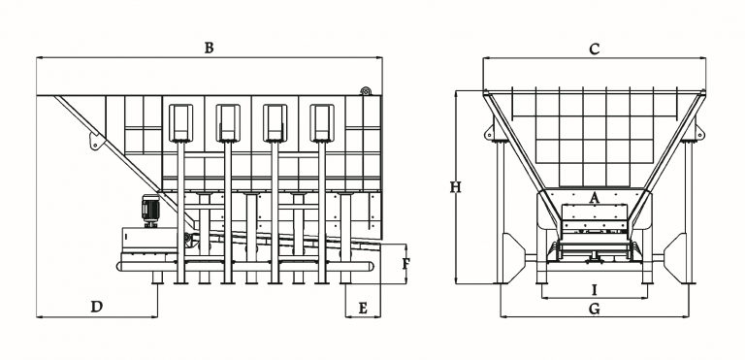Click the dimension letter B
tap(210, 48)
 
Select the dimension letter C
tap(595, 49)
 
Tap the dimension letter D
tap(97, 308)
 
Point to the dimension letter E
tap(363, 309)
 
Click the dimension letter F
tap(405, 264)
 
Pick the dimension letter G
tap(594, 310)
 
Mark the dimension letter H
tap(456, 188)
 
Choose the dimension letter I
tap(594, 289)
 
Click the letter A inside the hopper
tap(594, 198)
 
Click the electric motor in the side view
tap(150, 211)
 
